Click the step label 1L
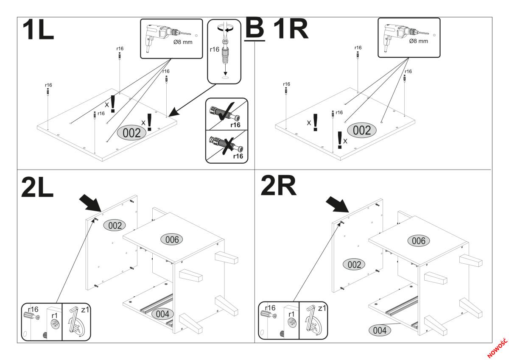point(38,30)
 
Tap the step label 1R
point(291,29)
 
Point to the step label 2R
point(279,185)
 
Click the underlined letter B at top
point(255,29)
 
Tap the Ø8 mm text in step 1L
point(183,42)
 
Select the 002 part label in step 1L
point(131,133)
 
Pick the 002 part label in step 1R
point(362,130)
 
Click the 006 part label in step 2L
point(172,240)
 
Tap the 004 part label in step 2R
point(380,330)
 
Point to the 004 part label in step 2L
point(162,314)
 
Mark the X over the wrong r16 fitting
point(229,145)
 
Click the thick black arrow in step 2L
point(90,203)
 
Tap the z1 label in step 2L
point(85,310)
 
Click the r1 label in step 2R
point(291,314)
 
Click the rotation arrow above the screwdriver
point(225,28)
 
